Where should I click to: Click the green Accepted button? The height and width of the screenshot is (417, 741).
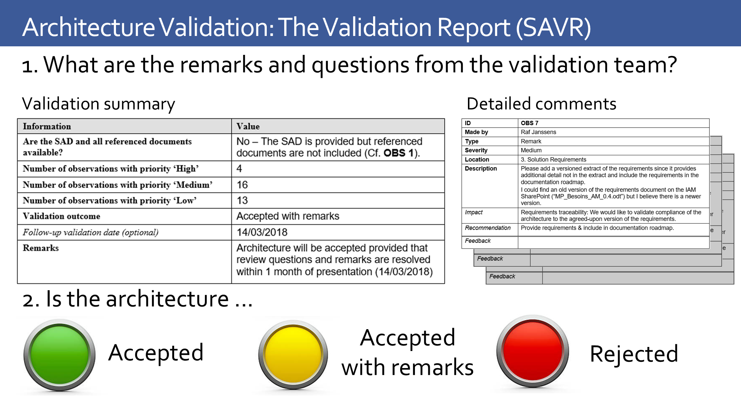click(59, 354)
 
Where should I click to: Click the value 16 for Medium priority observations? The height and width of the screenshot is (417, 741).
click(242, 185)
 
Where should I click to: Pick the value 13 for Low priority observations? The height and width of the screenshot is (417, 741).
click(242, 201)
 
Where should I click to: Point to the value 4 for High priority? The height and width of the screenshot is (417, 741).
click(239, 169)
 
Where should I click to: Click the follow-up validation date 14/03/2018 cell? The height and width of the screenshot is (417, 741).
click(262, 232)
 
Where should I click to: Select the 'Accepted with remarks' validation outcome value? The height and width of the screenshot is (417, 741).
click(288, 216)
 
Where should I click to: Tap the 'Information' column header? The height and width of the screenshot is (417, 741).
click(47, 126)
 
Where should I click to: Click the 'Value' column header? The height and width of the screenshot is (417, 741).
click(248, 126)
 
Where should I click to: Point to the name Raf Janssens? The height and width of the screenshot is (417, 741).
click(538, 132)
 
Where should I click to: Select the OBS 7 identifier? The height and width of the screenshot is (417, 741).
click(529, 123)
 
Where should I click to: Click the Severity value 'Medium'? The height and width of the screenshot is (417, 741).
click(531, 150)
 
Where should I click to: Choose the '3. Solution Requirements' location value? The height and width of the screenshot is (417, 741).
click(553, 159)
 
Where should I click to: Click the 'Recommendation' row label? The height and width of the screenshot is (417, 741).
click(488, 228)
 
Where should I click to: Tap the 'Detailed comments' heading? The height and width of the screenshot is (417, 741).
click(541, 104)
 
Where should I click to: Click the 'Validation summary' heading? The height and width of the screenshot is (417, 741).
click(98, 104)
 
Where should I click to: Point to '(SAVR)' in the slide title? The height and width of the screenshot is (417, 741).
click(554, 27)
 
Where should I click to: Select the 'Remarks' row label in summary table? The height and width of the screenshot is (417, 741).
click(41, 248)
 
